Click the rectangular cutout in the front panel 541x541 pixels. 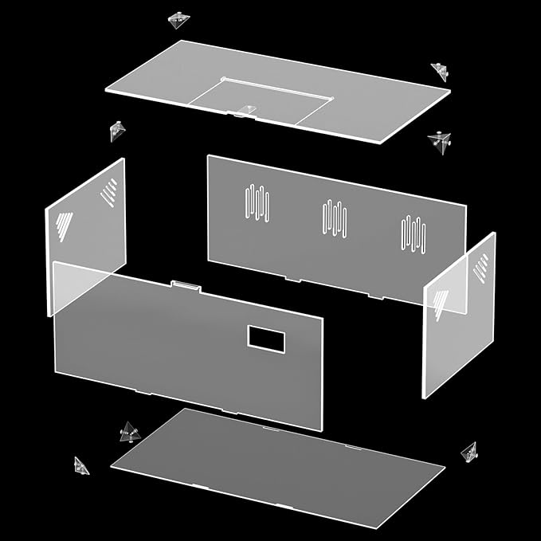coord(265,338)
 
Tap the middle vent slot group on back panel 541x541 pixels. coord(335,218)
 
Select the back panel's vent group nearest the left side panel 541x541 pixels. coord(257,202)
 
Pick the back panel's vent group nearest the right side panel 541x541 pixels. coord(413,233)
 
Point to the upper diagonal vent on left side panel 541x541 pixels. coord(108,192)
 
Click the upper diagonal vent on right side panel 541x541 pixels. coord(480,268)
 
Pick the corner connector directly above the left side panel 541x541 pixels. coord(118,130)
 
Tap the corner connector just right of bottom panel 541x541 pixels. coord(469,452)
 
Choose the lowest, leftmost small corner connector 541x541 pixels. coord(80,465)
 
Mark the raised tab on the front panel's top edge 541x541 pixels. coord(185,284)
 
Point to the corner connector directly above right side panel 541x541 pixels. coord(439,141)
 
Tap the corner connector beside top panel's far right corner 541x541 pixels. coord(440,70)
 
